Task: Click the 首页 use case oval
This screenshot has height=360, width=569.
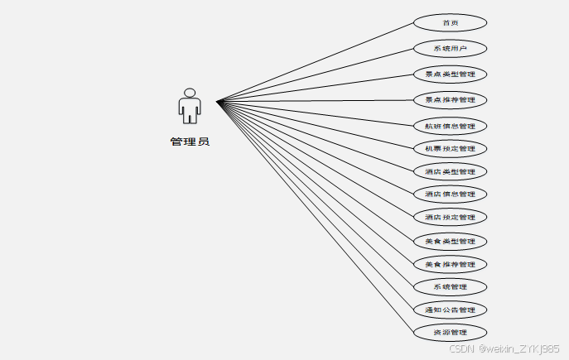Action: pos(450,23)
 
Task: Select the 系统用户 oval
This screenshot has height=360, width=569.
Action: pos(450,49)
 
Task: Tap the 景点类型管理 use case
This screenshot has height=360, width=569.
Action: pos(450,74)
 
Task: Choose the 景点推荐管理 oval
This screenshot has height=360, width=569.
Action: pos(450,100)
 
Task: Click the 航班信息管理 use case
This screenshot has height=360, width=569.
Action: pos(450,127)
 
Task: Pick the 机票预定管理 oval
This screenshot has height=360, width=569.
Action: pos(450,149)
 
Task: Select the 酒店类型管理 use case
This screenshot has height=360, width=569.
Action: pos(450,172)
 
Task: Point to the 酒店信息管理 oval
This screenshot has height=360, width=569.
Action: pos(450,194)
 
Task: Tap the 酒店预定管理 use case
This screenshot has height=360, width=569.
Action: pos(450,218)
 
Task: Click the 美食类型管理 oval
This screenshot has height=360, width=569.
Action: pos(450,242)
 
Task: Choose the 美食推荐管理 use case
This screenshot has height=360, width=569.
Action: pos(450,265)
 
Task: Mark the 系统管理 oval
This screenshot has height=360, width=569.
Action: pos(450,287)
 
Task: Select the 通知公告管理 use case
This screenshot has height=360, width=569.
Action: pos(450,310)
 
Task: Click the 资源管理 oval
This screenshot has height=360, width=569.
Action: pos(450,333)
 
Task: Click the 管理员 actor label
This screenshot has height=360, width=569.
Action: pos(190,142)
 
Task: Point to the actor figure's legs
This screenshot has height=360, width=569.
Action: pos(190,118)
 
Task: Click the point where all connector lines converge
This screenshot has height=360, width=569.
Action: pos(218,102)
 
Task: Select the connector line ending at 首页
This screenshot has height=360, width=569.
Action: pos(315,63)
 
